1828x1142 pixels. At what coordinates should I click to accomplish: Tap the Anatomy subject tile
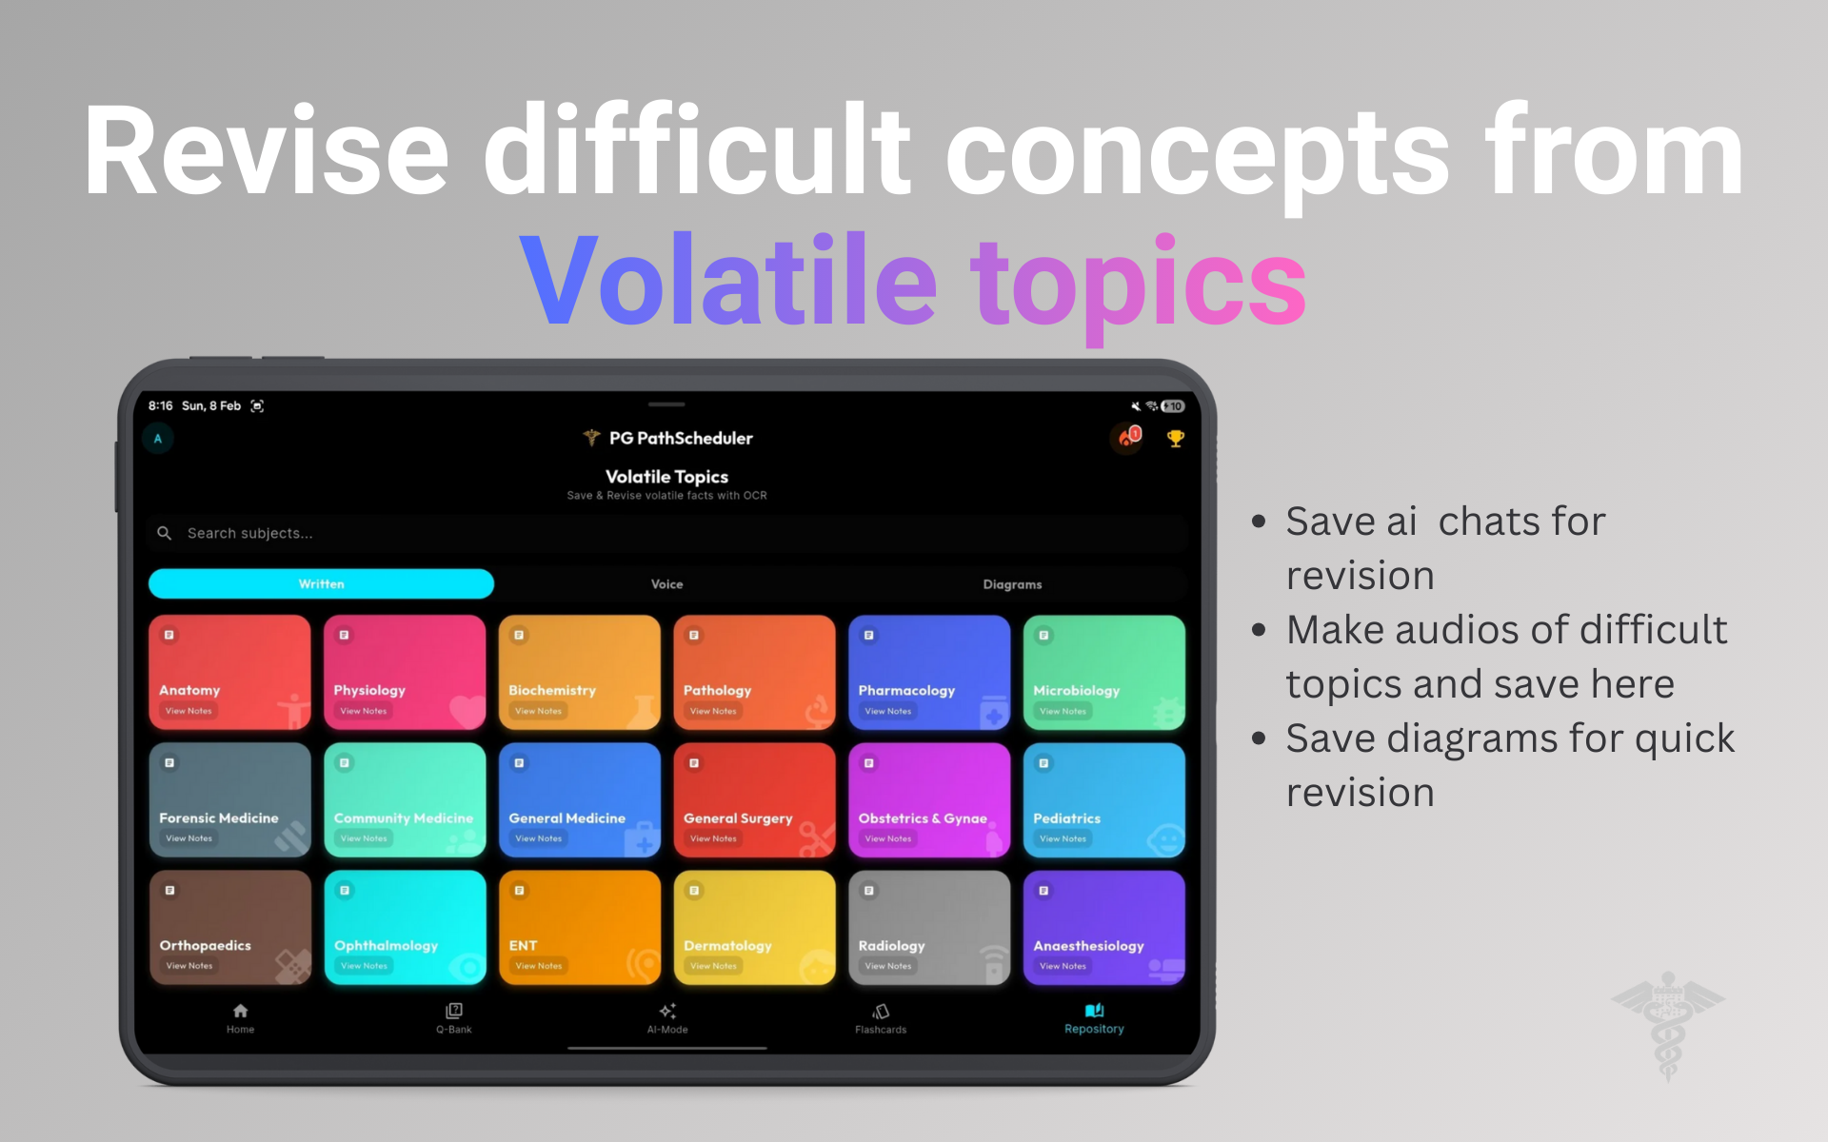pos(229,673)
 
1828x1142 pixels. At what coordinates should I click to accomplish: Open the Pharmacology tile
pos(929,673)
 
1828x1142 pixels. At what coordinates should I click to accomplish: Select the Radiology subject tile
pos(929,928)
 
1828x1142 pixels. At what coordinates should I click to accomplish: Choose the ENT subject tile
pos(580,928)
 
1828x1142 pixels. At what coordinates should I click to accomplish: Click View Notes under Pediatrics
pos(1063,838)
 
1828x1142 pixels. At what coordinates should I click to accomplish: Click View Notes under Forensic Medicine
pos(189,838)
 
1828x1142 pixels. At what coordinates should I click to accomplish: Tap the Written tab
pos(322,584)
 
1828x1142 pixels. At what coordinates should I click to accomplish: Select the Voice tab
pos(666,584)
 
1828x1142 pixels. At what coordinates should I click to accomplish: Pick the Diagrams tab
pos(1012,584)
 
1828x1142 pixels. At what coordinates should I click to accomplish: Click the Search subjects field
pos(666,533)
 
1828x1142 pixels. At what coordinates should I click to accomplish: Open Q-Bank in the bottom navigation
pos(454,1017)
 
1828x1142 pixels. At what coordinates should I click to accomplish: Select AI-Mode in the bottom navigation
pos(667,1017)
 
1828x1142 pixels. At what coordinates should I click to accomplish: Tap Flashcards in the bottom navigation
pos(881,1017)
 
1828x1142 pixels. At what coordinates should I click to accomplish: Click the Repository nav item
pos(1094,1017)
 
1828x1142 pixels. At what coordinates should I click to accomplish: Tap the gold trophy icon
pos(1176,439)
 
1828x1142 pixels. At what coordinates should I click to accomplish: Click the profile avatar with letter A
pos(158,439)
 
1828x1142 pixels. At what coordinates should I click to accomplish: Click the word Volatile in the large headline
pos(729,282)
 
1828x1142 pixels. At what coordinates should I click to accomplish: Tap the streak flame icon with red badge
pos(1129,438)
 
